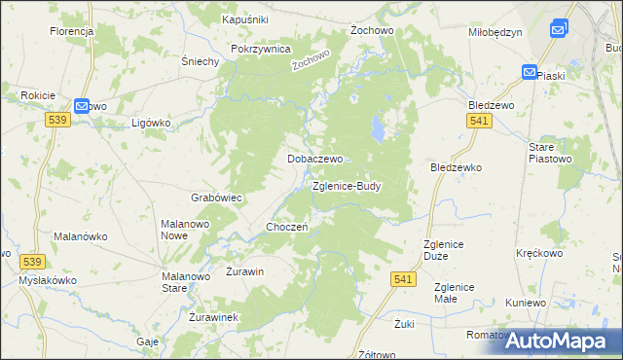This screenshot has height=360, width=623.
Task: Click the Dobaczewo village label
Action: [x=312, y=158]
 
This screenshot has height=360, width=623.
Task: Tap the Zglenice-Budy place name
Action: [x=347, y=185]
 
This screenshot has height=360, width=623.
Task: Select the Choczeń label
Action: [x=287, y=227]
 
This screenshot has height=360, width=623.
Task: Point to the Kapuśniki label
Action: [x=244, y=19]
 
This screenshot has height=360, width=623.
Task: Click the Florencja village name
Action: [x=71, y=31]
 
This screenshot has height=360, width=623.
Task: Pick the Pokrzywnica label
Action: [x=261, y=49]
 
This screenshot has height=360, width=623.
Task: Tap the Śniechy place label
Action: [x=200, y=60]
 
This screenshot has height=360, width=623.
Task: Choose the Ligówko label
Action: [x=151, y=124]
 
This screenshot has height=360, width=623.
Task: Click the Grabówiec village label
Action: [x=216, y=198]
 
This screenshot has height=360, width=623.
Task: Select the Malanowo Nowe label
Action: [x=187, y=229]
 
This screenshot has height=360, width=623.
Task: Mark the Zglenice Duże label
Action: [x=447, y=250]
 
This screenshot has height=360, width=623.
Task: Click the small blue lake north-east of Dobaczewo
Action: [x=377, y=126]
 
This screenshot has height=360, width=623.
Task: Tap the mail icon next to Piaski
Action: [x=529, y=72]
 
